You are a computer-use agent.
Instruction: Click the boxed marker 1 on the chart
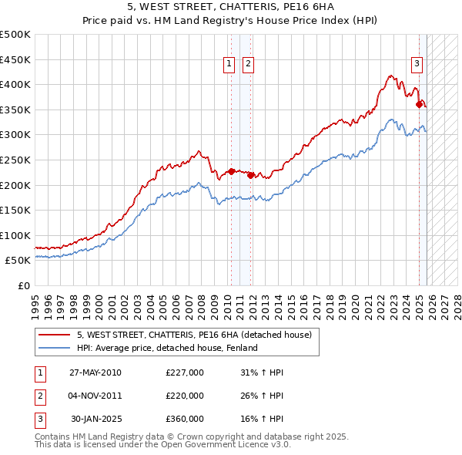(x=229, y=65)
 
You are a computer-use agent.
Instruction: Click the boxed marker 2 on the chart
(x=248, y=65)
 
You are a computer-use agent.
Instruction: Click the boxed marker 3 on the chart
(x=417, y=64)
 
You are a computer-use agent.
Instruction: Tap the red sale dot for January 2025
(x=419, y=104)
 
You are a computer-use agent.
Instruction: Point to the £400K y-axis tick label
(x=16, y=85)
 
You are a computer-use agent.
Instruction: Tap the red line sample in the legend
(x=55, y=335)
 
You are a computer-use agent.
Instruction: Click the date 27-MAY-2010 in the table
(x=95, y=372)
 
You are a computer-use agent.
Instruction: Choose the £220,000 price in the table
(x=185, y=396)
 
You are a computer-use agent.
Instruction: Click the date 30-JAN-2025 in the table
(x=95, y=419)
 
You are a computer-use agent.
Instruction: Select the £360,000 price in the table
(x=185, y=419)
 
